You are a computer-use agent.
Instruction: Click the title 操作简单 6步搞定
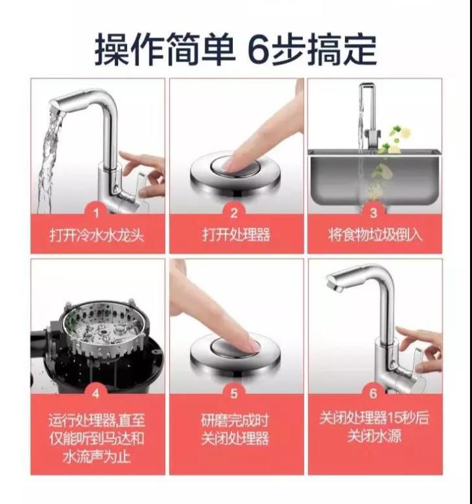[x=236, y=50]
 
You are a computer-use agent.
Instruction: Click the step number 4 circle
[x=97, y=393]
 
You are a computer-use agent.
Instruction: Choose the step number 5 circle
[x=236, y=393]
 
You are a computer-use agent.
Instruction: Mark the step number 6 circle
[x=374, y=393]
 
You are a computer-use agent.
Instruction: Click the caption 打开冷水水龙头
[x=97, y=235]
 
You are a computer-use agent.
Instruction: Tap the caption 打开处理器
[x=236, y=235]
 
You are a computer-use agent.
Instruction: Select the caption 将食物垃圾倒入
[x=374, y=235]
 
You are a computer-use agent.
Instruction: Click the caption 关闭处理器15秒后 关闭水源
[x=374, y=427]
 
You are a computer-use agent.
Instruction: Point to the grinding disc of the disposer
[x=98, y=327]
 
